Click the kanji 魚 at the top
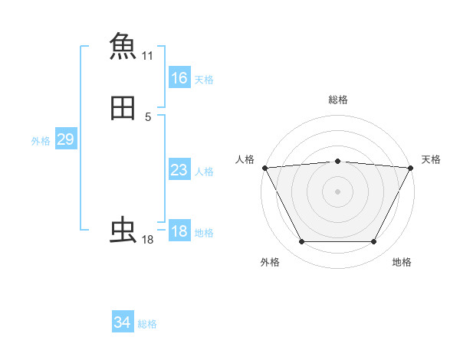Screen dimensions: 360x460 coord(123,44)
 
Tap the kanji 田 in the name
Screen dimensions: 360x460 coord(123,109)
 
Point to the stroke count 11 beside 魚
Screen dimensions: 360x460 coord(148,56)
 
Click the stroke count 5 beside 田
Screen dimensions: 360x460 coord(148,117)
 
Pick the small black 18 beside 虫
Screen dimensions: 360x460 coord(148,241)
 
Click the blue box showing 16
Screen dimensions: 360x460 coord(179,78)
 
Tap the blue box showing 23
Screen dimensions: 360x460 coord(179,170)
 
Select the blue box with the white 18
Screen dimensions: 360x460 coord(179,231)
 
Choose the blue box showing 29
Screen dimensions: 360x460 coord(65,139)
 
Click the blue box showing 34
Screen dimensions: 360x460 coord(123,322)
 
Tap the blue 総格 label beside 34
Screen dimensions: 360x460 coord(147,324)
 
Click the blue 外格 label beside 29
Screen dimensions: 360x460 coord(41,141)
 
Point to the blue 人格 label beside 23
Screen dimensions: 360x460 coord(204,172)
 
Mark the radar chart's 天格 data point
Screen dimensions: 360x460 coord(410,168)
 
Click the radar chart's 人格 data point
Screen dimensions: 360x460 coord(264,168)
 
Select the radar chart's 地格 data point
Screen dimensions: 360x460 coord(374,242)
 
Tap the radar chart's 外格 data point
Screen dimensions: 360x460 coord(301,242)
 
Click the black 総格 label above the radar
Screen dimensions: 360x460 coord(337,100)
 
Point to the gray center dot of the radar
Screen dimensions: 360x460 coord(337,191)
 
